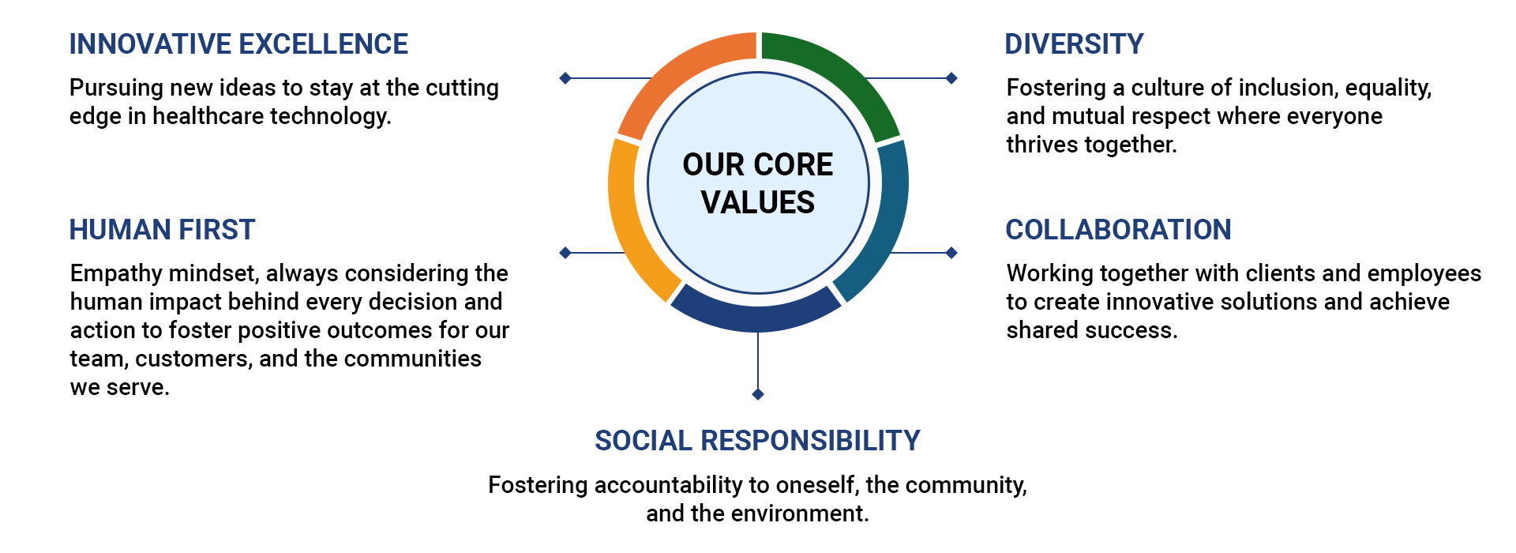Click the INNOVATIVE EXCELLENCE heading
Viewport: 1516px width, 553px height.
coord(238,44)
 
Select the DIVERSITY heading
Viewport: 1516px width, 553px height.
coord(1074,44)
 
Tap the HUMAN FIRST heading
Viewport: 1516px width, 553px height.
coord(162,230)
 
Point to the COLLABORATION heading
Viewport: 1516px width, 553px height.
coord(1118,230)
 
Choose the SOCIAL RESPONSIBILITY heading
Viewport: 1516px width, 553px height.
coord(757,441)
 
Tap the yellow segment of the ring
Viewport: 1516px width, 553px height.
coord(632,221)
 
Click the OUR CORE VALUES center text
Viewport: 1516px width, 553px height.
coord(758,183)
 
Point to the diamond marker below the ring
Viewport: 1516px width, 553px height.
coord(758,394)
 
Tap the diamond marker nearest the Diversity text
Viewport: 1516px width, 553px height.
coord(951,78)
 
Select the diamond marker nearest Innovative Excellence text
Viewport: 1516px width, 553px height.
coord(565,78)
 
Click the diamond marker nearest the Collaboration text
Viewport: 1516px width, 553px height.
coord(951,253)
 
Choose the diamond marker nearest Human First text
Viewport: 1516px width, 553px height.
coord(565,253)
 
